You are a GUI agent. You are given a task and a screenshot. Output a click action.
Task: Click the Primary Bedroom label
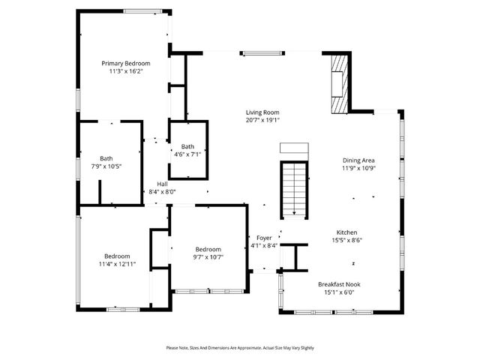point(126,64)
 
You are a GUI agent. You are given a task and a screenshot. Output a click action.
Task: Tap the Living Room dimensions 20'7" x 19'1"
point(262,120)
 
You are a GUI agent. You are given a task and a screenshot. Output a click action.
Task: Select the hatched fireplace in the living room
point(340,82)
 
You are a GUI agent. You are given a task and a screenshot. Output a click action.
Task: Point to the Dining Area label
point(358,160)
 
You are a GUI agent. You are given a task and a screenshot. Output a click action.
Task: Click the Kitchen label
point(346,232)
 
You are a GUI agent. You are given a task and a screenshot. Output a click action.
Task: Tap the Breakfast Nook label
point(341,284)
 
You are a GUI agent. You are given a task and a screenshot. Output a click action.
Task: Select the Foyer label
point(264,238)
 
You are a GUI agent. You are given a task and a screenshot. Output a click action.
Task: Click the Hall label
point(162,184)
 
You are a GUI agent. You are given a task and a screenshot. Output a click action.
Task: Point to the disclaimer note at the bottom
point(240,348)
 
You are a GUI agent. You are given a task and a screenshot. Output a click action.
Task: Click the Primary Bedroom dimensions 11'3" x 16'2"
point(126,72)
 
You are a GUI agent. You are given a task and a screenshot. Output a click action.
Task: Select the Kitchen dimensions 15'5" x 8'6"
point(346,241)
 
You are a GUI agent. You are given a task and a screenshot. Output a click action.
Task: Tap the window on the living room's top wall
point(262,52)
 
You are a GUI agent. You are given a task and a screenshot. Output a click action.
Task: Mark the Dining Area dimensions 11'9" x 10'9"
point(358,169)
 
